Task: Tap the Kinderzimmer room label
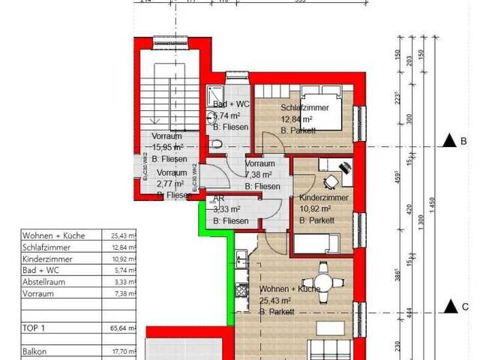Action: coord(323,196)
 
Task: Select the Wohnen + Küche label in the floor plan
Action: coord(289,289)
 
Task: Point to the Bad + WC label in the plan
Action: coord(231,104)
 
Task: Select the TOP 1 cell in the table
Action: coord(33,328)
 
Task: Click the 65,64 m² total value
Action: coord(121,328)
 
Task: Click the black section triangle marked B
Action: coord(449,140)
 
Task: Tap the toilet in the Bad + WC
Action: coord(217,144)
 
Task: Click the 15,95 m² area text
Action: coord(168,148)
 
